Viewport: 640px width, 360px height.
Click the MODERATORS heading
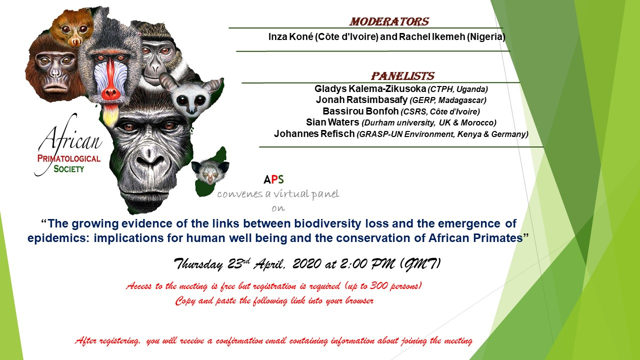tap(389, 21)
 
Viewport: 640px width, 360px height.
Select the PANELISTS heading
tap(402, 76)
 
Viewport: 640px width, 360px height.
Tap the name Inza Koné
tap(290, 37)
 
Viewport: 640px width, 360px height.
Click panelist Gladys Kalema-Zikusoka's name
tap(370, 89)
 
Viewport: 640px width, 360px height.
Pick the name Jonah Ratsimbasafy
tap(361, 99)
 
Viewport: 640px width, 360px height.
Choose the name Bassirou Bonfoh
tap(360, 111)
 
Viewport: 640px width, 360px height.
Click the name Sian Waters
tap(332, 122)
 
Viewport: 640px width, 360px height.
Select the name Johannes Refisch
tap(314, 133)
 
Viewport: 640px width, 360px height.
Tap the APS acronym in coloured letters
tap(273, 179)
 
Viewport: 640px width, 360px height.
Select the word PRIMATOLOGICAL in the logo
tap(69, 159)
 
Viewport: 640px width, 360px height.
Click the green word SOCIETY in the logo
tap(68, 169)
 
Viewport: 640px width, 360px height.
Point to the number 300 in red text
tap(378, 285)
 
